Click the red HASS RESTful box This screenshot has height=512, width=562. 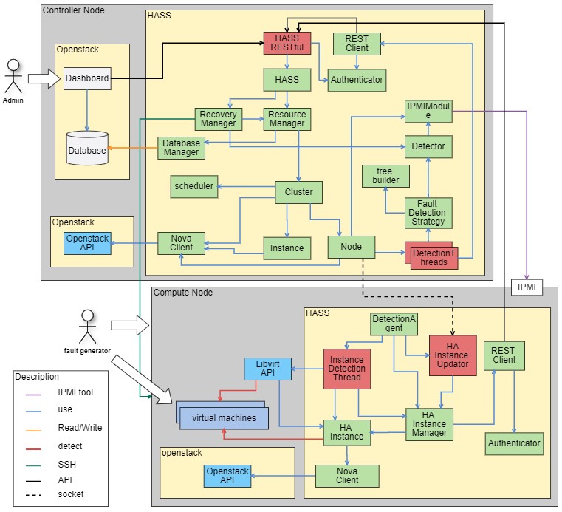point(287,43)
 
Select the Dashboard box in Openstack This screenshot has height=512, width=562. point(86,78)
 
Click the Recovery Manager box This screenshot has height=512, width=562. point(218,119)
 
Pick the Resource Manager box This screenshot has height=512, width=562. point(287,119)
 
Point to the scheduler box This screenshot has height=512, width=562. point(194,186)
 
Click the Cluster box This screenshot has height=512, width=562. point(298,192)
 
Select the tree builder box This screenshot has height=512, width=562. point(383,176)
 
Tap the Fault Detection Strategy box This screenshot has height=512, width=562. point(428,213)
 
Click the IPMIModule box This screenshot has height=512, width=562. point(428,111)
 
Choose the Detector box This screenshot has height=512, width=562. point(428,146)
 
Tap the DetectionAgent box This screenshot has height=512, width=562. point(394,323)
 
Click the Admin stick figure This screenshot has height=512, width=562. point(13,78)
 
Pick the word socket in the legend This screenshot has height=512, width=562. point(71,494)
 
